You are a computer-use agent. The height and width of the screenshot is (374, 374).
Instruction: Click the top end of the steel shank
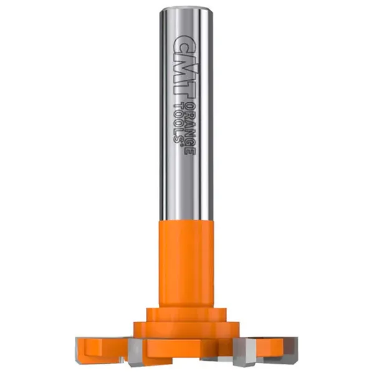[186, 9]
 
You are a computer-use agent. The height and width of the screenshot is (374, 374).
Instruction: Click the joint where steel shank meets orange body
[186, 220]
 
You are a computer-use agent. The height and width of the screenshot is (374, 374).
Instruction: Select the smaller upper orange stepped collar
[186, 315]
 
